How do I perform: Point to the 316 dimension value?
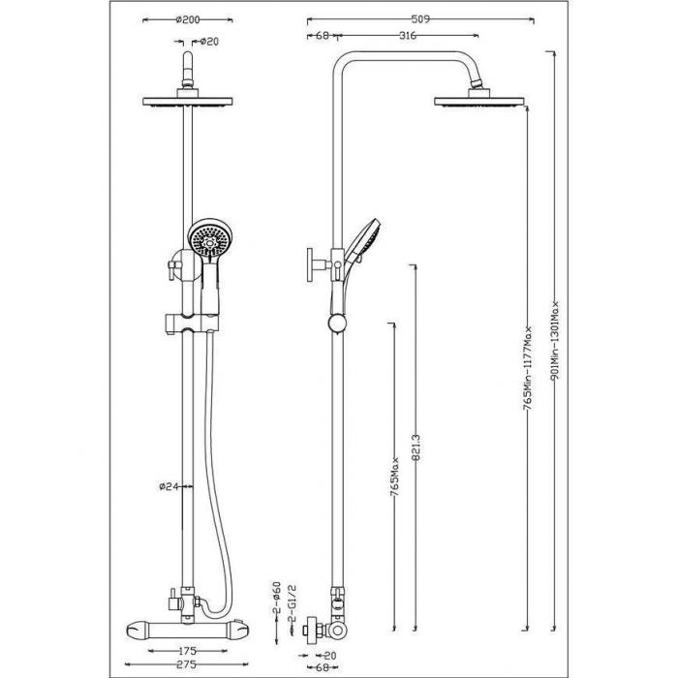(x=408, y=36)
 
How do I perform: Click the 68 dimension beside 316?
(x=323, y=36)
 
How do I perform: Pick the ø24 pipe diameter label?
(x=168, y=486)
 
